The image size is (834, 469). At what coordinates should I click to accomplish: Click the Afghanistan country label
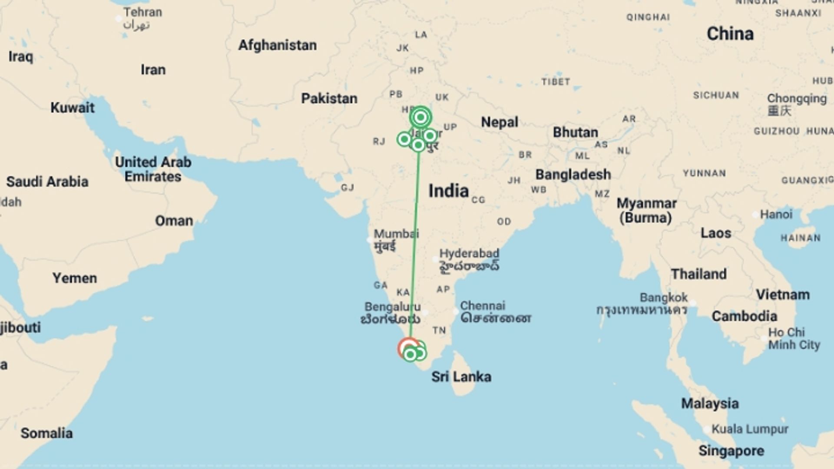[277, 45]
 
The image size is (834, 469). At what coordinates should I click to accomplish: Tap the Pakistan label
[329, 99]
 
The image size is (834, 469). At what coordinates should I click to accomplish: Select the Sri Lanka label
[461, 377]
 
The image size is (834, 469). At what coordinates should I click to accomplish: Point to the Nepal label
[500, 122]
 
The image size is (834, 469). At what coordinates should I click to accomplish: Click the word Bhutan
[575, 132]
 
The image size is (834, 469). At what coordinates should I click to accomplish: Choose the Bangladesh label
[573, 175]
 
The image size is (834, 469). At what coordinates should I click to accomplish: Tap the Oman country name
[174, 221]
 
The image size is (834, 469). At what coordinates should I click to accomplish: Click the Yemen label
[75, 278]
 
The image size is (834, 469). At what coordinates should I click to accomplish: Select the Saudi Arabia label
[47, 182]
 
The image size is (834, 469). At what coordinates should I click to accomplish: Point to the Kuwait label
[72, 107]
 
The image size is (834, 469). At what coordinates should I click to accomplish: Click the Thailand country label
[698, 274]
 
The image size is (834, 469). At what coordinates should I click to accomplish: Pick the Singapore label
[731, 451]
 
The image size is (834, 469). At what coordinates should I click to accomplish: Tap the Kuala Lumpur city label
[750, 429]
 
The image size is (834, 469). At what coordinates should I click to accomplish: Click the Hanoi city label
[776, 214]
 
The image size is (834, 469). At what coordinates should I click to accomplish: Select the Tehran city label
[142, 12]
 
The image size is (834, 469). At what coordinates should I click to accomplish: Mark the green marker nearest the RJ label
[404, 139]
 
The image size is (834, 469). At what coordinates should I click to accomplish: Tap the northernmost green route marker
[420, 117]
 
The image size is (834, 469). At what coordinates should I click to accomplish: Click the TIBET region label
[556, 82]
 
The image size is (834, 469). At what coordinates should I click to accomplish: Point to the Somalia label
[47, 433]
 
